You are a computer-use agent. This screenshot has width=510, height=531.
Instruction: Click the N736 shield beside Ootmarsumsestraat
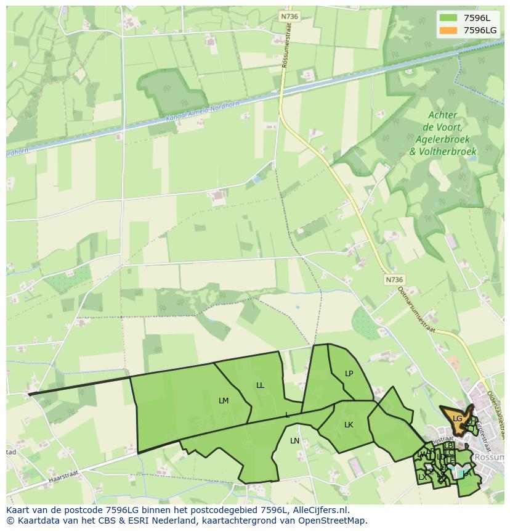click(394, 279)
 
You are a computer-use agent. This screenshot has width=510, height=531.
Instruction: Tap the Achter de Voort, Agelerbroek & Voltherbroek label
click(443, 133)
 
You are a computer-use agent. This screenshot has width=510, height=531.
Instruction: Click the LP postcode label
click(349, 374)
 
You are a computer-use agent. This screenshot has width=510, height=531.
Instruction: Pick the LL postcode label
click(260, 385)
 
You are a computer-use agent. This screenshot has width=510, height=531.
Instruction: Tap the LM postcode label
click(224, 401)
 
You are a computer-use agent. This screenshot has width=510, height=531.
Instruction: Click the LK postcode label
click(349, 425)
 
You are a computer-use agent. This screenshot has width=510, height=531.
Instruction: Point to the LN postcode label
click(294, 441)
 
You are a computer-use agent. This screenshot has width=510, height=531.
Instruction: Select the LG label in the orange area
click(457, 419)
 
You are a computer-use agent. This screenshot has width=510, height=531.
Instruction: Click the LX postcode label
click(422, 477)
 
